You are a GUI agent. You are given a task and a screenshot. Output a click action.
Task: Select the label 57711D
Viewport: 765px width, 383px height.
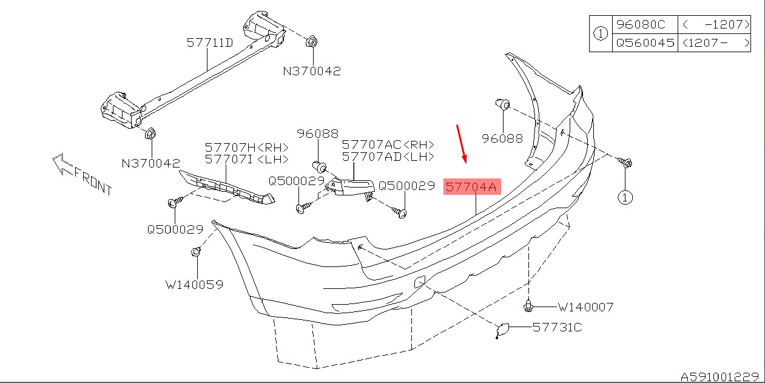coord(210,43)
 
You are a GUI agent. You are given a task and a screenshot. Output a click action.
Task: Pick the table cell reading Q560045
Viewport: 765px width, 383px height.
coord(645,43)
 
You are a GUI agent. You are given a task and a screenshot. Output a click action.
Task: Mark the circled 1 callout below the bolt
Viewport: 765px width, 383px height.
coord(625,197)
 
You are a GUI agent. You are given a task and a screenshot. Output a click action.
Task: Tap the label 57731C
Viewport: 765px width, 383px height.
coord(558,328)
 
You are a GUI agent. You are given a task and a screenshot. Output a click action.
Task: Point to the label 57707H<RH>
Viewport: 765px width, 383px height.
coord(246,147)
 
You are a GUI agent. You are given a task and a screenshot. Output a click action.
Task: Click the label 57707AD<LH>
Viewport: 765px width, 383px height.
coord(388,157)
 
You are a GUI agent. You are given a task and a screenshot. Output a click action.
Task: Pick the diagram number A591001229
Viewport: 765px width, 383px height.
coord(721,376)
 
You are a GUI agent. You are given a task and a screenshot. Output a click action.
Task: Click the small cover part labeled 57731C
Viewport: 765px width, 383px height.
coord(503,330)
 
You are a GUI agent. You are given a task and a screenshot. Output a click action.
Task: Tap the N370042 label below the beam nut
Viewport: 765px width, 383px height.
coord(151,163)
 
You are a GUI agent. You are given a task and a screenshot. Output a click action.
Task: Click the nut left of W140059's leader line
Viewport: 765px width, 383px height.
coord(197,252)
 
